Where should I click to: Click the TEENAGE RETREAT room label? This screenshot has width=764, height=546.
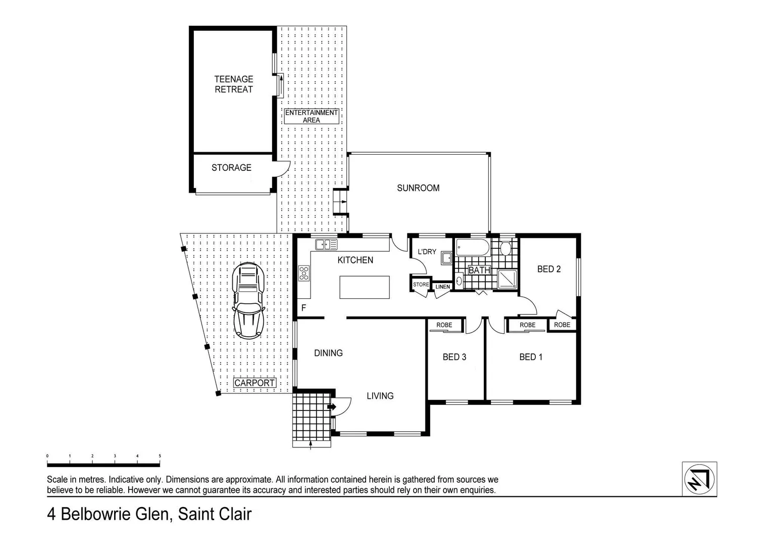tap(233, 84)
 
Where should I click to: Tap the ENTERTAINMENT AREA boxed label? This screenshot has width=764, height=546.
tap(311, 116)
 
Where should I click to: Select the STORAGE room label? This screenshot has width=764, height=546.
tap(231, 167)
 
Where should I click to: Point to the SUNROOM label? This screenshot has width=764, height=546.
tap(418, 188)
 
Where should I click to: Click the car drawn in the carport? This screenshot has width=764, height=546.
tap(248, 300)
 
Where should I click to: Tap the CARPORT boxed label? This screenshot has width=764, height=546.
tap(254, 383)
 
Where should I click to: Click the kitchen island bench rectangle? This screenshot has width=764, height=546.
tap(365, 287)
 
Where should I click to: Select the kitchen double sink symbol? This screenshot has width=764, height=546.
tap(326, 245)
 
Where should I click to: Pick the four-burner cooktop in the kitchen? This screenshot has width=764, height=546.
tap(304, 273)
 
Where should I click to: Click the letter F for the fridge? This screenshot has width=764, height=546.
tap(303, 307)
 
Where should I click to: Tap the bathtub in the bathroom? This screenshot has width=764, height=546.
tap(473, 247)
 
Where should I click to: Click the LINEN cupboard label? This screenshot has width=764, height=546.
tap(442, 287)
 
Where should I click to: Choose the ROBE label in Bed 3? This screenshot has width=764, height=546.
tap(444, 325)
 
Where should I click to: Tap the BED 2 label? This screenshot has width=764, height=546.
tap(549, 269)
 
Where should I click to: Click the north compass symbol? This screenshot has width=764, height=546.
tap(699, 479)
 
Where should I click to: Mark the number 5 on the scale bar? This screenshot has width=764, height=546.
tap(160, 456)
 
